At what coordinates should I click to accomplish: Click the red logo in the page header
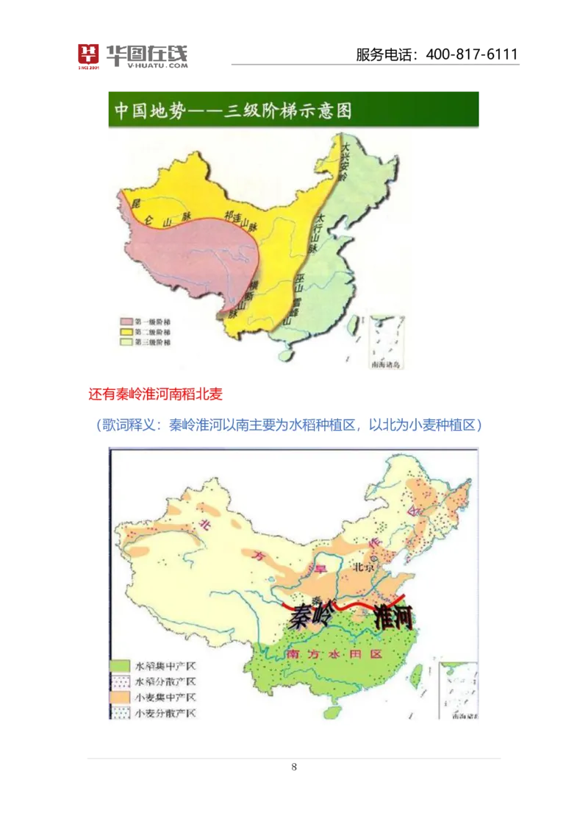(x=88, y=56)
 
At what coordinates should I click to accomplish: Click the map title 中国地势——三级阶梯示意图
(x=233, y=111)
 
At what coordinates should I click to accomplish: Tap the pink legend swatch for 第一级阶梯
(x=126, y=322)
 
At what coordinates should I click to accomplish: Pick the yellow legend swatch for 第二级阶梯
(x=126, y=332)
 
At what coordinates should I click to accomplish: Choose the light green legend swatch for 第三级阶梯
(x=126, y=342)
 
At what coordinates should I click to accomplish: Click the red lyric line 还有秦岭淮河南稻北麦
(x=155, y=394)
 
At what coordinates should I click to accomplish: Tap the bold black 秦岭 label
(x=310, y=615)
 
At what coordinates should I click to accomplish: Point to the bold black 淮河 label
(x=393, y=617)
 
